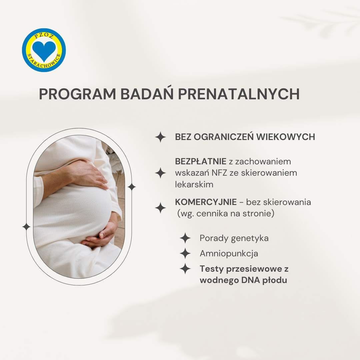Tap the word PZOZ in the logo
tap(44, 35)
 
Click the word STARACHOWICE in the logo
tap(44, 62)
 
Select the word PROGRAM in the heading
tap(78, 94)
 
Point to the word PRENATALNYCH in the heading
tap(239, 94)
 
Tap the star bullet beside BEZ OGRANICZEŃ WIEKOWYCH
tap(160, 137)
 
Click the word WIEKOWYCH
tap(286, 137)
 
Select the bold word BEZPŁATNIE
tap(201, 161)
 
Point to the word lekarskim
tap(194, 184)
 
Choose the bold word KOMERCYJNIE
tap(206, 202)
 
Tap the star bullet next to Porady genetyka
tap(185, 238)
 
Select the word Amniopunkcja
tap(229, 253)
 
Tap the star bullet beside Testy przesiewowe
tap(185, 269)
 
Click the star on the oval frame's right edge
tap(132, 187)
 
